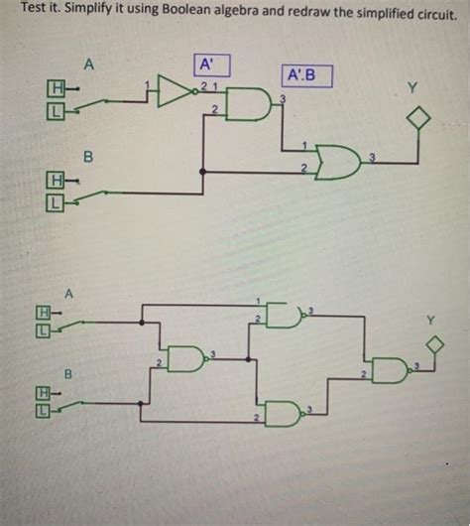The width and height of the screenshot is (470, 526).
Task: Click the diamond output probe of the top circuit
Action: (x=419, y=120)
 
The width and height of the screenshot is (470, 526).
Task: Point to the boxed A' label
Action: (x=210, y=66)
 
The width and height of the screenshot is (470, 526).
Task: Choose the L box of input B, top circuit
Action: (x=57, y=204)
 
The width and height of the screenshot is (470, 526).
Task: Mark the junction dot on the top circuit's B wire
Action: (x=203, y=171)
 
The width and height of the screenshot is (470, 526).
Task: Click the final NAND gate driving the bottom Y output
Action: (x=389, y=370)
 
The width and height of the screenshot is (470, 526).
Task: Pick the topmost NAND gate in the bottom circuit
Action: (x=285, y=317)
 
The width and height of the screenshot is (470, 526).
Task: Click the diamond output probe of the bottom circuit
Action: (x=431, y=343)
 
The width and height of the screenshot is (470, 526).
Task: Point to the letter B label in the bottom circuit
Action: (x=68, y=374)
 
